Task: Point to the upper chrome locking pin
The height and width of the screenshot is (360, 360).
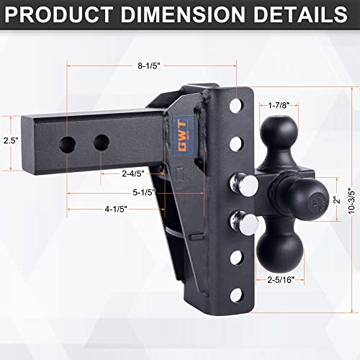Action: click(248, 186)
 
